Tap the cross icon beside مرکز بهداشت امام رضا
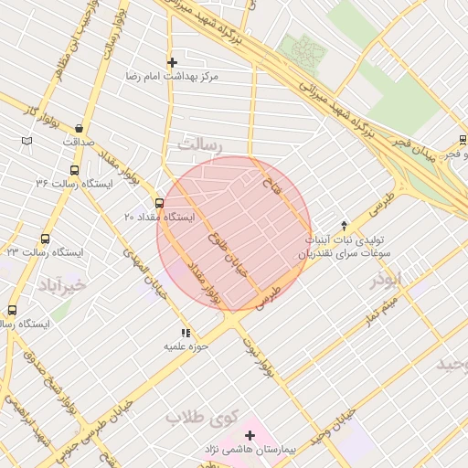171,62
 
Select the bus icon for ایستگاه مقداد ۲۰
160,203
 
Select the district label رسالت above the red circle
201,145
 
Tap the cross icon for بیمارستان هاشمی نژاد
250,435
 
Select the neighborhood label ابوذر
386,281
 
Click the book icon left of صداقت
27,140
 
